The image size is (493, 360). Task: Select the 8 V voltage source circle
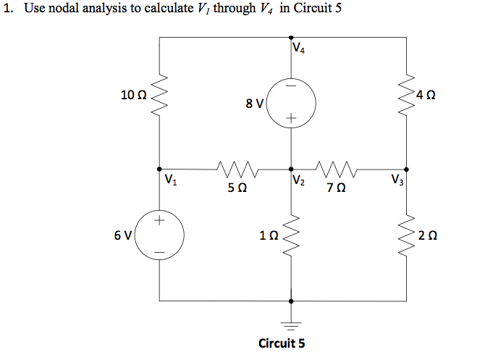click(x=291, y=101)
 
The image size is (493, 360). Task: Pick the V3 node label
click(x=397, y=179)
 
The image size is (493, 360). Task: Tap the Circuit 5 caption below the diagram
click(x=282, y=343)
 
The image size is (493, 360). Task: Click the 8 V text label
click(x=254, y=103)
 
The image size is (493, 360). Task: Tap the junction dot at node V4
click(x=291, y=37)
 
